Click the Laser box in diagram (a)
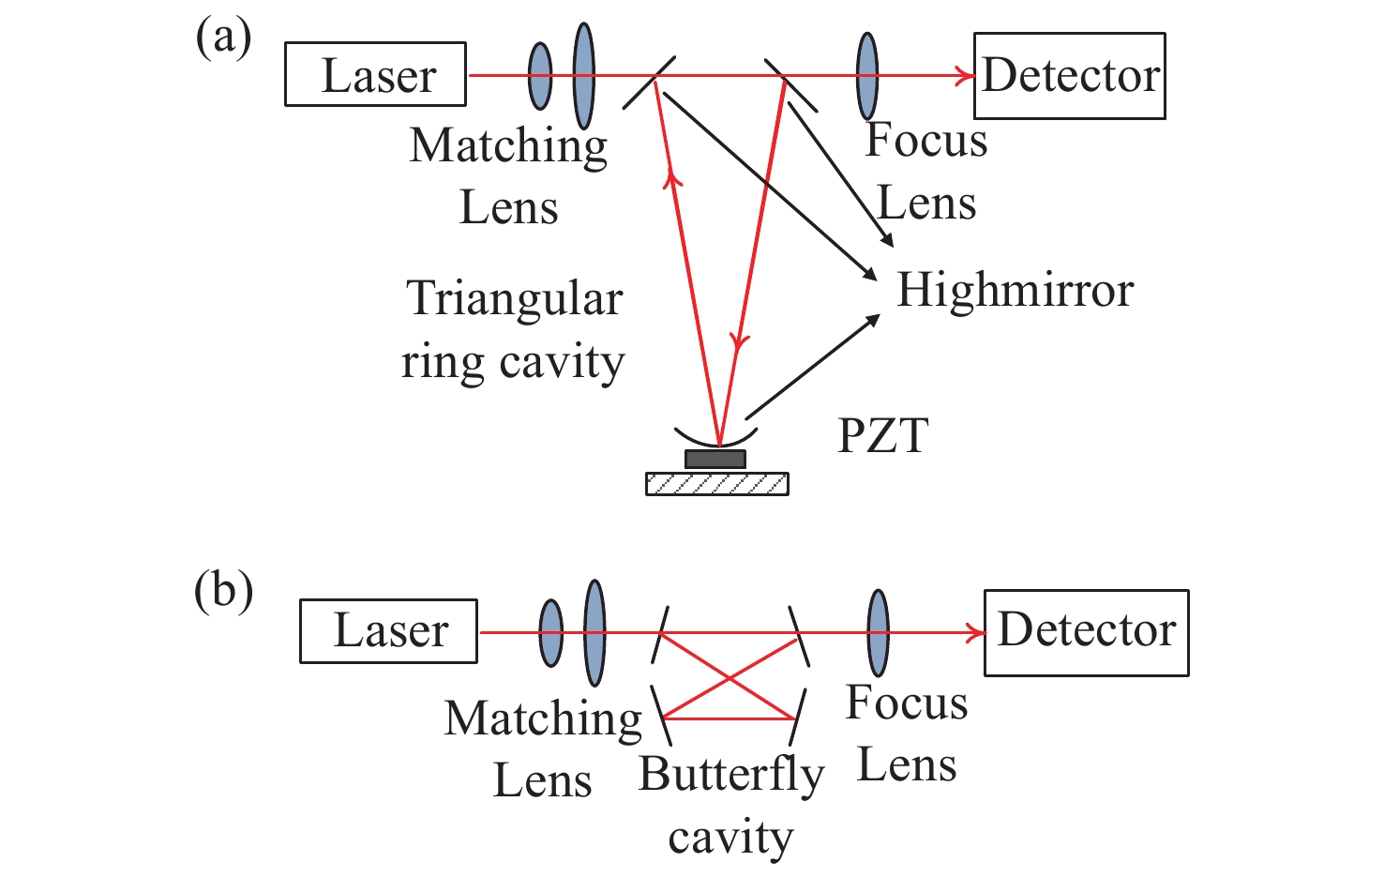pos(375,74)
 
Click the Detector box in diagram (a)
pos(1069,76)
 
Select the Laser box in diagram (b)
pos(388,631)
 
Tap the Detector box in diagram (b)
pos(1086,632)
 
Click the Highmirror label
pos(1015,290)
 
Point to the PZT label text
pos(882,435)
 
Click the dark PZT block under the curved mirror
pos(715,459)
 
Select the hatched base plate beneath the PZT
pos(716,483)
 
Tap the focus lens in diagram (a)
pos(867,76)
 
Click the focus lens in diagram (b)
pos(878,633)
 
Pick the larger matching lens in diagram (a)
pos(583,76)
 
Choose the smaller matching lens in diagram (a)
pos(540,76)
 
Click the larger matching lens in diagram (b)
pos(594,633)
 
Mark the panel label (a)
pos(223,39)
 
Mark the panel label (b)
pos(223,592)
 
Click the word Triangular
pos(515,299)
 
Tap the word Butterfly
pos(731,776)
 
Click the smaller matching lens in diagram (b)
pos(551,633)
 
